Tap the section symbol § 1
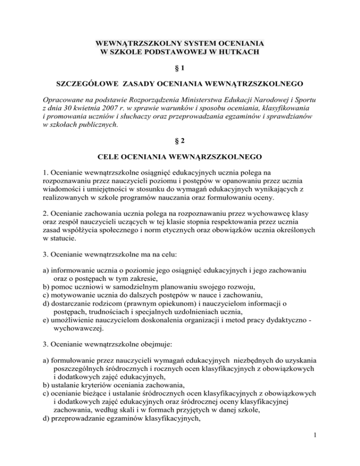[x=180, y=68]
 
